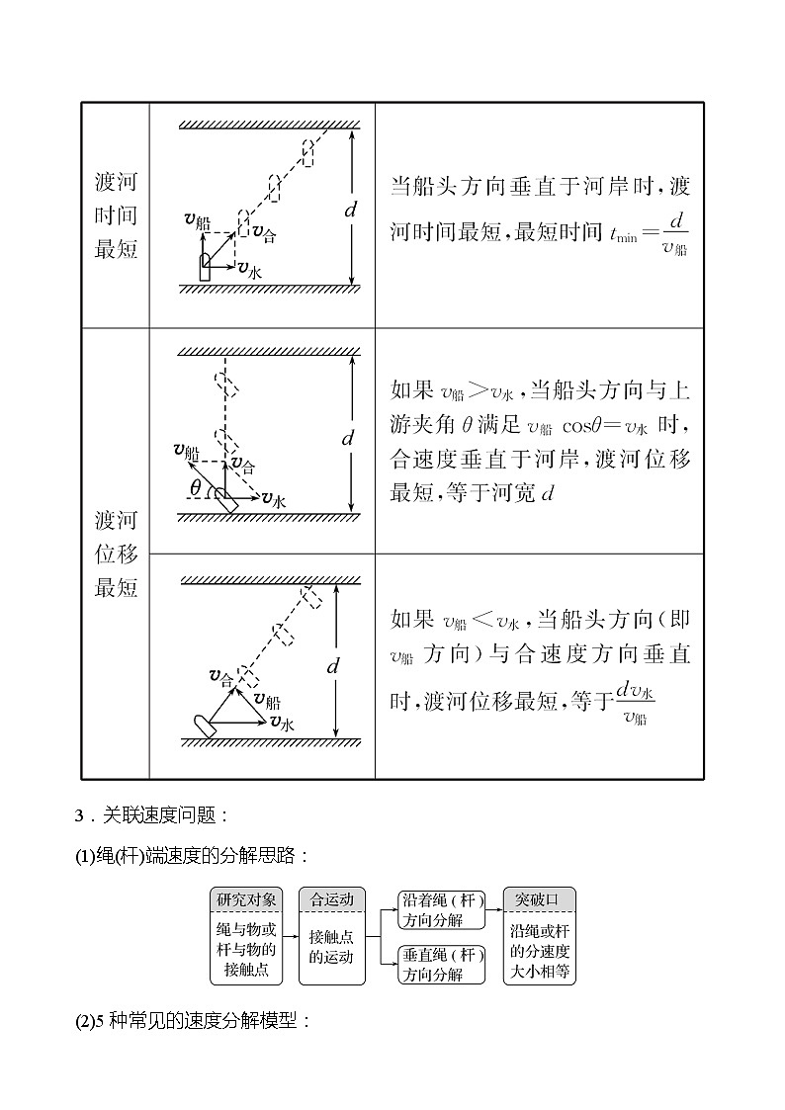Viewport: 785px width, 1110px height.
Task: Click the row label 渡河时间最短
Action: [x=116, y=214]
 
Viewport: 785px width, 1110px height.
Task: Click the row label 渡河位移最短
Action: [x=116, y=554]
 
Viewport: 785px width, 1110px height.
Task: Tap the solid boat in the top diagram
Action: [x=205, y=267]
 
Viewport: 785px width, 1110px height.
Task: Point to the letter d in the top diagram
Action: [x=349, y=210]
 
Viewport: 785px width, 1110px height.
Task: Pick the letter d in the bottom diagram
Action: [x=333, y=665]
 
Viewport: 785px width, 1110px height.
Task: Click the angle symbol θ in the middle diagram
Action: [x=195, y=487]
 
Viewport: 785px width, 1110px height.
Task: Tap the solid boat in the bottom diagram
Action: [x=208, y=724]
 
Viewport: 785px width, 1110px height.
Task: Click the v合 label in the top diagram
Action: [x=264, y=234]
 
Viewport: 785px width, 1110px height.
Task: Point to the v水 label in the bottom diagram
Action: [x=283, y=724]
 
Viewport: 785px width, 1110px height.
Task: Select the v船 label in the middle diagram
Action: [x=186, y=451]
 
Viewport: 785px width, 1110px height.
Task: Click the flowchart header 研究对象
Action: [x=247, y=899]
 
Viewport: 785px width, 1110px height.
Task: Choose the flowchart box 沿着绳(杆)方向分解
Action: [x=442, y=909]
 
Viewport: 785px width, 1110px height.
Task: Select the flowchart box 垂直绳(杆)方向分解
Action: [x=442, y=965]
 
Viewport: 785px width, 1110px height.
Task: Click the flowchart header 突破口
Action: [x=539, y=899]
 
